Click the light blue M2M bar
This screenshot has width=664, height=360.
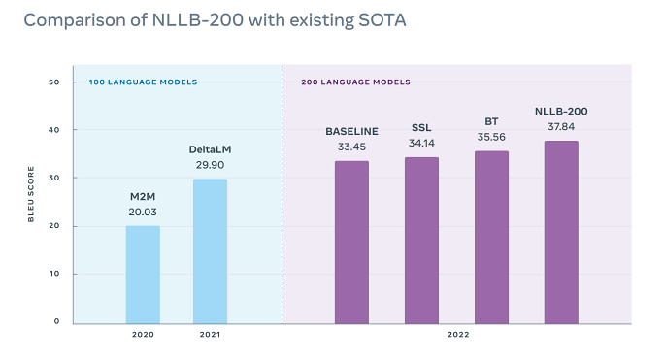143,274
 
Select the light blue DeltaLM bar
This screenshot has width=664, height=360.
210,250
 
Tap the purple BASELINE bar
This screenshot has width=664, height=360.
351,242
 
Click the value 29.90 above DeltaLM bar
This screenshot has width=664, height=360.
210,165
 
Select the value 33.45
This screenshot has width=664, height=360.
351,147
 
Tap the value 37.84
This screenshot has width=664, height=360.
561,126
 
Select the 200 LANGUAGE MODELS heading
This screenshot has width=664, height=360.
355,82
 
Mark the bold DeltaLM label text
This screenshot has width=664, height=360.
210,149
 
